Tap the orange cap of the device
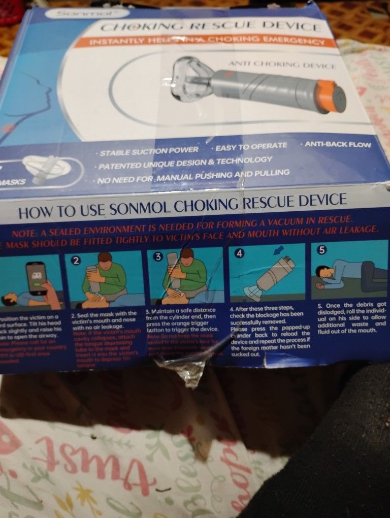(x=334, y=96)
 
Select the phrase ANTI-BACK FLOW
(x=338, y=145)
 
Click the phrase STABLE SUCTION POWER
(x=149, y=151)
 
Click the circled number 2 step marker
(x=76, y=261)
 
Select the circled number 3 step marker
(x=158, y=257)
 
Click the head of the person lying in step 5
(x=322, y=273)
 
